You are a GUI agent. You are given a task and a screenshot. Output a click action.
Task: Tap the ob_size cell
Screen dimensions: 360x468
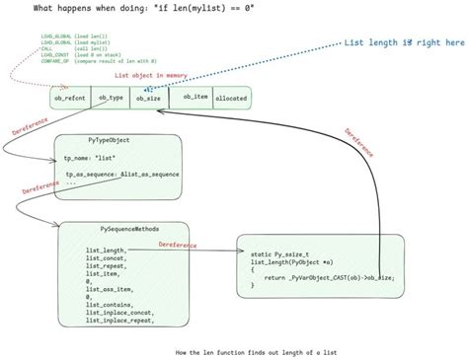(148, 98)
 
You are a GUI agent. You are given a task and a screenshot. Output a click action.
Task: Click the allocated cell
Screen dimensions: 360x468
(231, 99)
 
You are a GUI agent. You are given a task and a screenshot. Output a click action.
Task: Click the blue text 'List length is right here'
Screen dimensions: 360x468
(403, 43)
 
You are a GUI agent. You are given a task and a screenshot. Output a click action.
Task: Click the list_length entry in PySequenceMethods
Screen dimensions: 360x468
(105, 250)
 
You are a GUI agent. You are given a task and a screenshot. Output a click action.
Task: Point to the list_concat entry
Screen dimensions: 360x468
(105, 257)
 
